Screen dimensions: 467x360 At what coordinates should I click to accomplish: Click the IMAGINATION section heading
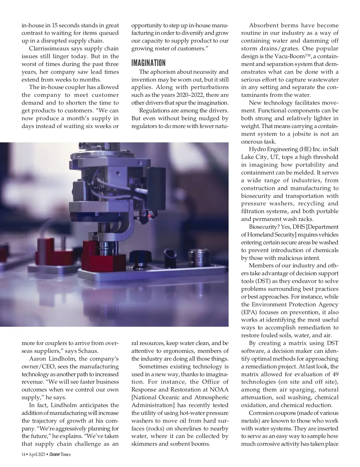[x=148, y=63]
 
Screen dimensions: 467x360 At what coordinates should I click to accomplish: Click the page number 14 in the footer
[x=23, y=463]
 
